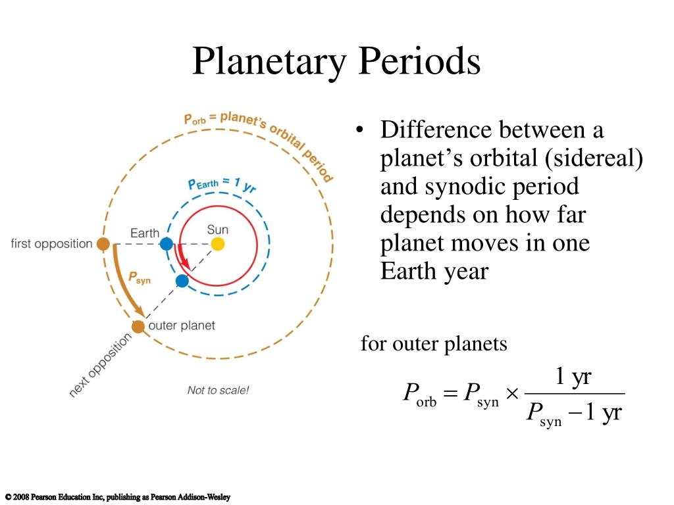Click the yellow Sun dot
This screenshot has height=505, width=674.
tap(217, 244)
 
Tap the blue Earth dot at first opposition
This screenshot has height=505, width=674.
tap(167, 244)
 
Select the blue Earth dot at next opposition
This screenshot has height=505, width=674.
tap(182, 281)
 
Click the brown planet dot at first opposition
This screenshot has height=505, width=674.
tap(103, 244)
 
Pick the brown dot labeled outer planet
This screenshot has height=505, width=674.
tap(138, 326)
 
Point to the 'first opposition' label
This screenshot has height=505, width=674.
tap(51, 243)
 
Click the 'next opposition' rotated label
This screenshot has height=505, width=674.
tap(100, 365)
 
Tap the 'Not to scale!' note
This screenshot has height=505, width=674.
tap(218, 391)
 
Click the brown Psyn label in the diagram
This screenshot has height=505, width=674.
tap(140, 278)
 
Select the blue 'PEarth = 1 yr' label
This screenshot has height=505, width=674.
tap(222, 185)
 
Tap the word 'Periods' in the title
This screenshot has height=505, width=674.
tap(419, 61)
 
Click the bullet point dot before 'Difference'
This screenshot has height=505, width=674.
tap(360, 130)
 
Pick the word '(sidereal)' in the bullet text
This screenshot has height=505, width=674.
tap(594, 158)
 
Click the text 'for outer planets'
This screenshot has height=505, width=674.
tap(434, 343)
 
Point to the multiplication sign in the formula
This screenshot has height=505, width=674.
tap(512, 393)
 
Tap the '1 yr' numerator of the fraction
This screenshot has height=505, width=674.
tap(573, 376)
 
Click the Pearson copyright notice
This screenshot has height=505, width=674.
tap(118, 497)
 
